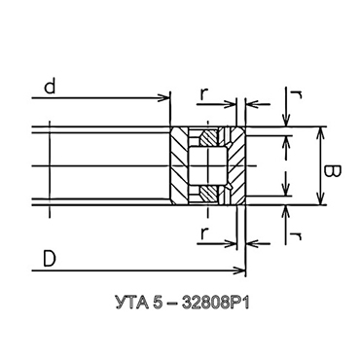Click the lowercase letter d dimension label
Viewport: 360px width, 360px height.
50,87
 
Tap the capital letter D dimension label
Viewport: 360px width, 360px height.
50,259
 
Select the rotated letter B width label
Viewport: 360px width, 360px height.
333,171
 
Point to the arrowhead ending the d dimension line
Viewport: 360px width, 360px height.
164,97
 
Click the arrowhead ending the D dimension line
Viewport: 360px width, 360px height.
239,270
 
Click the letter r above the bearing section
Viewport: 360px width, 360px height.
203,94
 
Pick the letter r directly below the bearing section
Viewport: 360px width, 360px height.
203,233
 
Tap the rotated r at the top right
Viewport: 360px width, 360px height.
297,94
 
